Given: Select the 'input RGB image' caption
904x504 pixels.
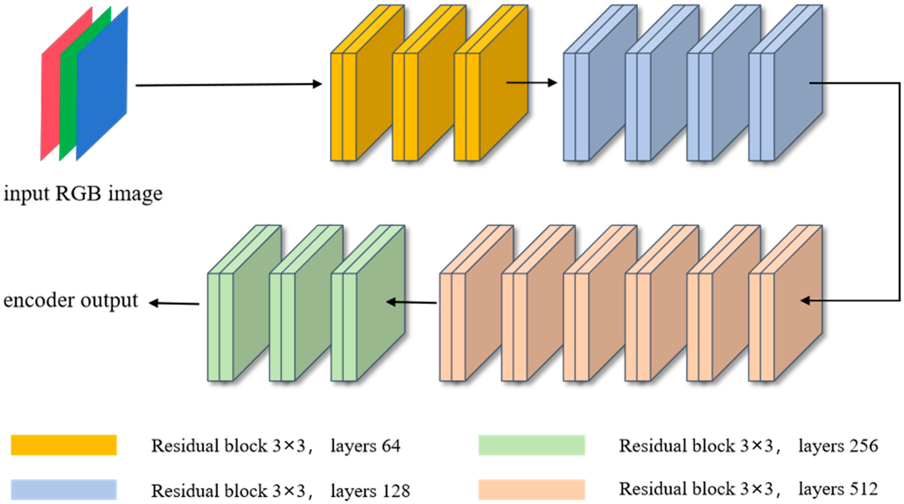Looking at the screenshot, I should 83,194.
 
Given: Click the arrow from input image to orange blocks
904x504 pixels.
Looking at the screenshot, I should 228,85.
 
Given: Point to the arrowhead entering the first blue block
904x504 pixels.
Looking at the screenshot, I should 553,83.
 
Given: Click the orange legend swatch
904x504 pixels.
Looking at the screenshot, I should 64,445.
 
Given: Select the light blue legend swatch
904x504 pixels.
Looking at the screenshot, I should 64,490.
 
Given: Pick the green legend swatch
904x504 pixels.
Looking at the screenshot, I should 532,445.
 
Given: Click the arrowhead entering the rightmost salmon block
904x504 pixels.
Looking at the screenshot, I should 805,301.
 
